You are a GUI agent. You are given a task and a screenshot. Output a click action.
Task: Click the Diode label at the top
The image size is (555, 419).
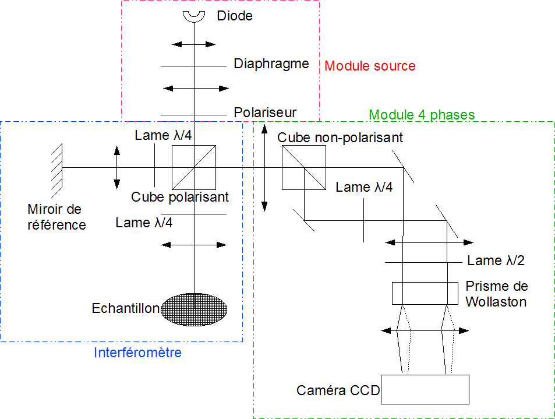click(235, 16)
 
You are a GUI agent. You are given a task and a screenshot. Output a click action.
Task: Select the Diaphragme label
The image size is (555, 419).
click(271, 64)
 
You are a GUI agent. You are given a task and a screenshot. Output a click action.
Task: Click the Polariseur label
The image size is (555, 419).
click(265, 112)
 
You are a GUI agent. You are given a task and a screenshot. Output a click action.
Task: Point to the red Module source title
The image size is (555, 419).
click(370, 66)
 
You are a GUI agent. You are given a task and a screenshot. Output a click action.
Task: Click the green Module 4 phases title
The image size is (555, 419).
click(422, 115)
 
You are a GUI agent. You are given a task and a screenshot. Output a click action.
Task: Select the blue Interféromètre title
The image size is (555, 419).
click(137, 353)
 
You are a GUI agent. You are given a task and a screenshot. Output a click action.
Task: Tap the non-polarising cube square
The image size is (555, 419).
click(303, 168)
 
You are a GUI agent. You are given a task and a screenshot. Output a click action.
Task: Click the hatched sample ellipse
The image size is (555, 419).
click(194, 308)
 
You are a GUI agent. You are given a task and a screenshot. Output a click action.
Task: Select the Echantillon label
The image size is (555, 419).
click(126, 308)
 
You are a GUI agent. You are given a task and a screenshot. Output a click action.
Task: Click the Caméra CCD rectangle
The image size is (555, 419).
click(425, 389)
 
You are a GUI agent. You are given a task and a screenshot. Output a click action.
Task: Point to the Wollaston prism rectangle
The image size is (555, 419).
click(425, 293)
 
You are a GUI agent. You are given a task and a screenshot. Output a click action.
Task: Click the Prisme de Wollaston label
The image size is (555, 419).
click(497, 294)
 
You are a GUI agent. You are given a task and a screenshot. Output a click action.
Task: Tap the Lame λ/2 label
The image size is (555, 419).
click(496, 260)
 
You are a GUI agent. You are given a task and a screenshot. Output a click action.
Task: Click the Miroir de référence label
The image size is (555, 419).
click(56, 217)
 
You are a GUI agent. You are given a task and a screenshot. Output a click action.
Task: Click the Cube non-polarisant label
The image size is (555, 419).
click(340, 138)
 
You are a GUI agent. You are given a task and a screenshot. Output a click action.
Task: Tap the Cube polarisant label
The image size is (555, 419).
click(180, 197)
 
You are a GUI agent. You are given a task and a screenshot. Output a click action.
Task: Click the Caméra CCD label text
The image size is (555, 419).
click(338, 390)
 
